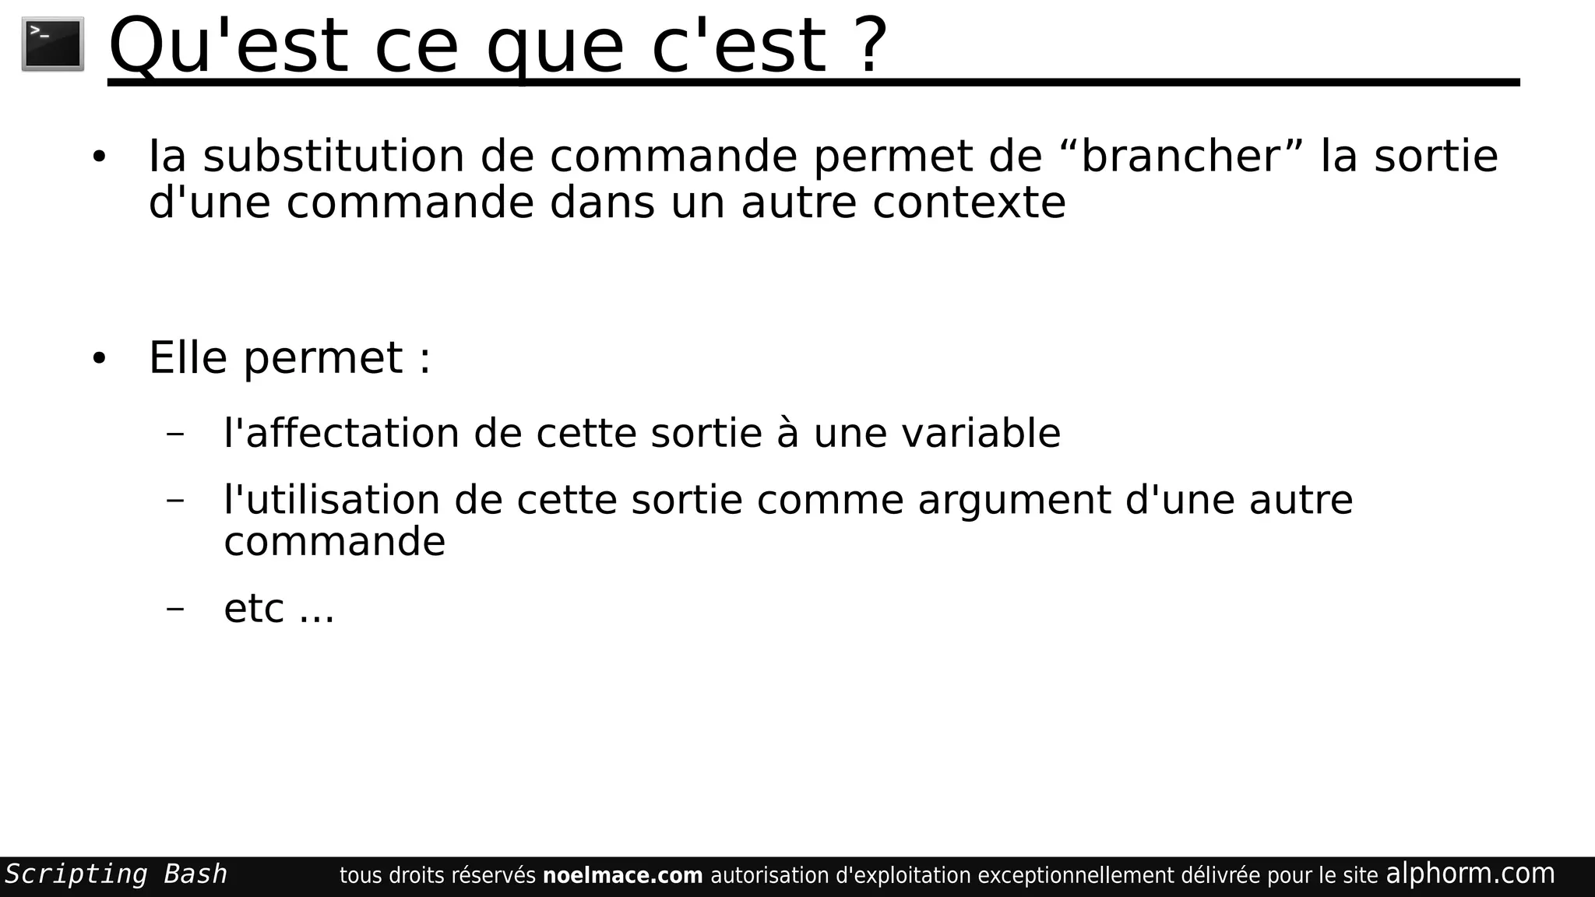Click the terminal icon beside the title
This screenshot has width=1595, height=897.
(x=52, y=44)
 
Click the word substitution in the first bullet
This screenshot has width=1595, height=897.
(x=333, y=156)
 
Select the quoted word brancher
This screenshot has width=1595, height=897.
(x=1181, y=156)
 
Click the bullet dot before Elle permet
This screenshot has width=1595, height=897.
(x=98, y=359)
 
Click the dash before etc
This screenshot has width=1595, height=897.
(x=175, y=608)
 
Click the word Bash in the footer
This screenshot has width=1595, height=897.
(x=195, y=874)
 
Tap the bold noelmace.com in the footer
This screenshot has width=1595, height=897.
(x=622, y=876)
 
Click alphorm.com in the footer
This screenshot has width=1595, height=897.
(x=1470, y=874)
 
